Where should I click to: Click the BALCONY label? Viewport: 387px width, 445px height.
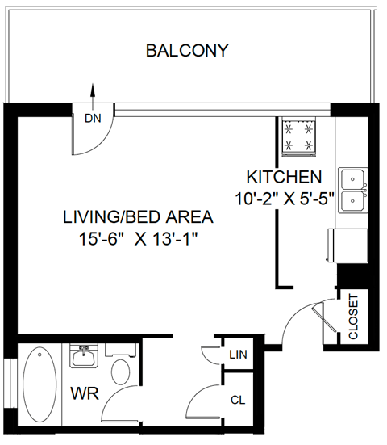tap(187, 51)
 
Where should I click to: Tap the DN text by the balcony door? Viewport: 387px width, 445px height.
tap(93, 118)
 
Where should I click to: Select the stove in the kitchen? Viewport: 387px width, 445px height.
tap(299, 136)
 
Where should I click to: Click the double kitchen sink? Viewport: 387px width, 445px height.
tap(352, 190)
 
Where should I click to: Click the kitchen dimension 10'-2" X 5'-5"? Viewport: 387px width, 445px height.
tap(284, 198)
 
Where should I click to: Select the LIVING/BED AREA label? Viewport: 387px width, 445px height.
tap(138, 217)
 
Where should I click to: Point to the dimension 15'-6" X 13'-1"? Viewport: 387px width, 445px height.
tap(138, 239)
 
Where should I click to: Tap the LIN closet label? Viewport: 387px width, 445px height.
tap(238, 354)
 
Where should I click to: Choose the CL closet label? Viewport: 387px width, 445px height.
tap(237, 399)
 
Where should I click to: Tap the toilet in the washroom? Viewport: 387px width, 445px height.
tap(120, 370)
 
